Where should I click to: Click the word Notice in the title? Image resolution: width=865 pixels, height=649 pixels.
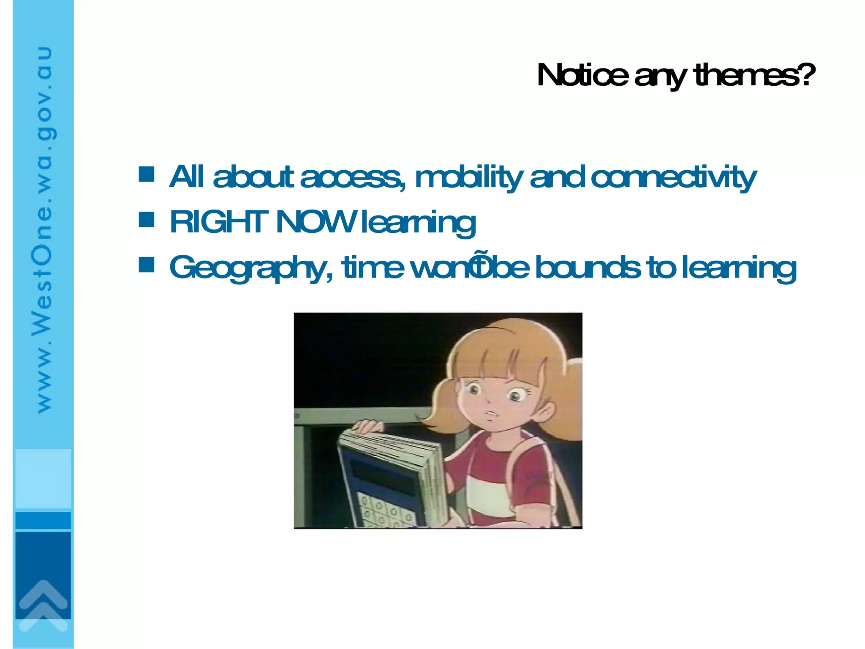pyautogui.click(x=582, y=75)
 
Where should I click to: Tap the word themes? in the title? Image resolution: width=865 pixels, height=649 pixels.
pyautogui.click(x=754, y=75)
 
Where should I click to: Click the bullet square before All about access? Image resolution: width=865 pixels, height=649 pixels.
pyautogui.click(x=147, y=174)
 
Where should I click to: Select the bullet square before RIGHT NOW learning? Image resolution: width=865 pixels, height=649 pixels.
pyautogui.click(x=147, y=219)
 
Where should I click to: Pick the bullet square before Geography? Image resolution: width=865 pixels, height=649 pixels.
pyautogui.click(x=147, y=265)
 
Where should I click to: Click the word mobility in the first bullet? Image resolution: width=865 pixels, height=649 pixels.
pyautogui.click(x=469, y=177)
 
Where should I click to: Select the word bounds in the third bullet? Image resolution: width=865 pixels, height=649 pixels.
pyautogui.click(x=588, y=268)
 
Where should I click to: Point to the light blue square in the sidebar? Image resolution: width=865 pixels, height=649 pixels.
pyautogui.click(x=43, y=478)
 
